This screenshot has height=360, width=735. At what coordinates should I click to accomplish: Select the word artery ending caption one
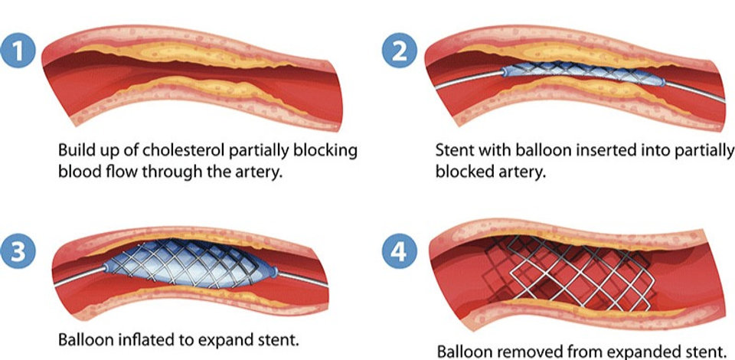pyautogui.click(x=258, y=171)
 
